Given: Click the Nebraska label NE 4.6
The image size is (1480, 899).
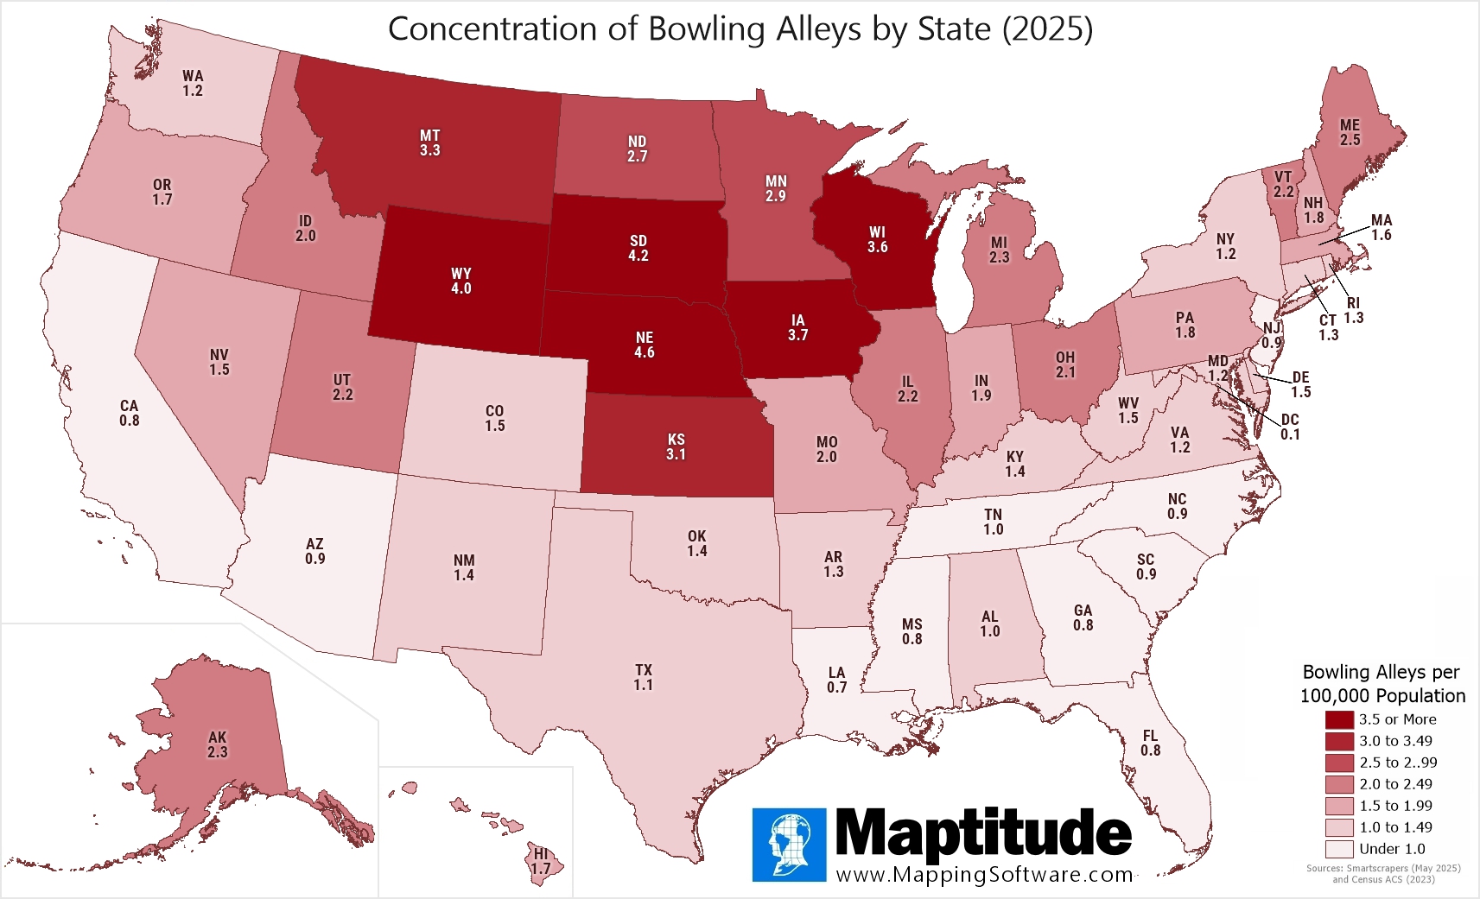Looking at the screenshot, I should [645, 345].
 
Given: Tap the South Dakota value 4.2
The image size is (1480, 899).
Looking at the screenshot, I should [638, 256].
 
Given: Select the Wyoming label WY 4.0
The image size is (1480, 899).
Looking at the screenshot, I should [461, 281].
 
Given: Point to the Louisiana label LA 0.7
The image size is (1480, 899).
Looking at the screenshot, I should [836, 680].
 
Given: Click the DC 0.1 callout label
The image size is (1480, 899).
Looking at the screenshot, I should [1290, 427].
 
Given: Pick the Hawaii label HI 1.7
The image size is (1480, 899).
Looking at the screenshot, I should [541, 861].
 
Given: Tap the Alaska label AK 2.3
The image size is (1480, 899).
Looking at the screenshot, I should [218, 744].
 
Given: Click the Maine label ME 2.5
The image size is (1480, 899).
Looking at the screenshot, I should [1350, 132].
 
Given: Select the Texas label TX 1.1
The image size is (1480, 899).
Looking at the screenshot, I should [644, 677].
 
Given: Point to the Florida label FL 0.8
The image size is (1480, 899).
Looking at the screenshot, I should [1150, 743].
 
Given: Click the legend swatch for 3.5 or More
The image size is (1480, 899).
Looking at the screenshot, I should [1339, 719].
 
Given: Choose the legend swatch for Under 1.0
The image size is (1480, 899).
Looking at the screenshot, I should [1339, 849].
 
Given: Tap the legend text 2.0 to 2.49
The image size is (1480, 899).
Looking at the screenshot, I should [1395, 784].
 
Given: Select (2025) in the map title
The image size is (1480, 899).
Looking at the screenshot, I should [1047, 29].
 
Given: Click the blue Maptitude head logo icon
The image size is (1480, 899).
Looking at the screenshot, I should [789, 845].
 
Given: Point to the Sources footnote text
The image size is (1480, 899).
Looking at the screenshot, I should [1382, 873].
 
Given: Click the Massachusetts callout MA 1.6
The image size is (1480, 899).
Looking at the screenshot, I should [1382, 227].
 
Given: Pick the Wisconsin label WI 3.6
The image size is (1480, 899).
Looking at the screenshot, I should [878, 239].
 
